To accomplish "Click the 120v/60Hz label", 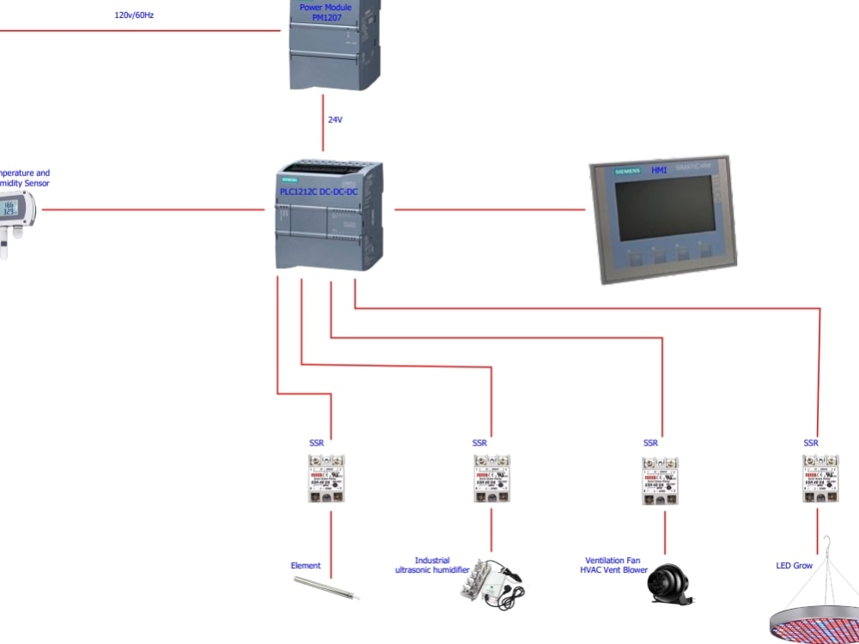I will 134,15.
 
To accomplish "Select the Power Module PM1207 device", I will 335,47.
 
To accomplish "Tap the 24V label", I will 335,120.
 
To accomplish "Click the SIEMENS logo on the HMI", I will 627,172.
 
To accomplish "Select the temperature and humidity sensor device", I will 16,219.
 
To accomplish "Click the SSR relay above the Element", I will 326,478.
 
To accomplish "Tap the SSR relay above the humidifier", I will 491,478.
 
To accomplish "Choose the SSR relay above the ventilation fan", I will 660,480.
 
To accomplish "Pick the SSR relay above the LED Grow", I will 820,478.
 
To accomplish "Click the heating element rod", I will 326,588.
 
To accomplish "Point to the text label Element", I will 305,566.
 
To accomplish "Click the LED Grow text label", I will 794,566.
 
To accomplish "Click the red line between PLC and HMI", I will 490,209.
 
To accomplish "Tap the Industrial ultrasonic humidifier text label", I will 432,565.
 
